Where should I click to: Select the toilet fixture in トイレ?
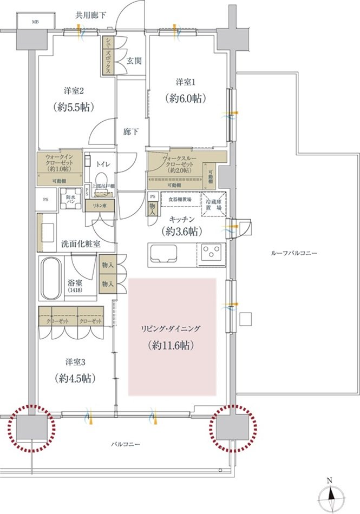[100, 178]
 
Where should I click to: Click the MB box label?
[35, 22]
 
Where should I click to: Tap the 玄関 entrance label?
[134, 61]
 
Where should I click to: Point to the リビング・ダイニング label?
[172, 328]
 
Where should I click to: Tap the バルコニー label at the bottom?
[126, 444]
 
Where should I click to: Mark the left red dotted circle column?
[32, 427]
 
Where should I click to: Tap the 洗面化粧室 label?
[81, 243]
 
